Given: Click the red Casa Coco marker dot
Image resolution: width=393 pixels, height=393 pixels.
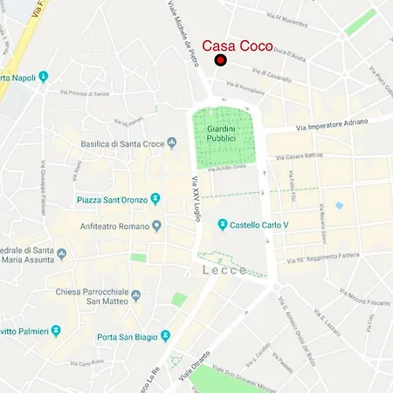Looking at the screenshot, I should click(221, 60).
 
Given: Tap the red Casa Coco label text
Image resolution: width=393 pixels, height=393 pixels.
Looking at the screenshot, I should click(238, 45).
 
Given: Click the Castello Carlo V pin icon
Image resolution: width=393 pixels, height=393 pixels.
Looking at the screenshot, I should click(223, 224).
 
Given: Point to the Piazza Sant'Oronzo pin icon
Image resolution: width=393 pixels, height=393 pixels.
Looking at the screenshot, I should click(155, 199).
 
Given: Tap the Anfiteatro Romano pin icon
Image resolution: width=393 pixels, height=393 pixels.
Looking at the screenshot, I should click(156, 226).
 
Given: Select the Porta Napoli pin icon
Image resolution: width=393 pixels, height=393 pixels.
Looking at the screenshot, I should click(44, 78).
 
